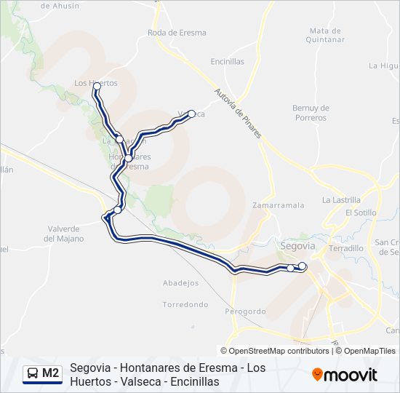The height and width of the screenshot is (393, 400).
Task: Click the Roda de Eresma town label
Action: pyautogui.click(x=177, y=33)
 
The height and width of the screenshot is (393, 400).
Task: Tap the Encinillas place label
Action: pyautogui.click(x=228, y=62)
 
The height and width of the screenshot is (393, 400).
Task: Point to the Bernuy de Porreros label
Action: pyautogui.click(x=311, y=113)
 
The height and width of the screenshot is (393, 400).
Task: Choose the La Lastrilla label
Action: pyautogui.click(x=341, y=199)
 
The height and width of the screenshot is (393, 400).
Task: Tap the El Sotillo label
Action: pyautogui.click(x=361, y=213)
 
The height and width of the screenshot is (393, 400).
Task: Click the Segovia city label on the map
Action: pyautogui.click(x=297, y=246)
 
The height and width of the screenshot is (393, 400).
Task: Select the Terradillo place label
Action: pyautogui.click(x=346, y=248)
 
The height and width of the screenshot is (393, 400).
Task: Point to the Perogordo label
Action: pyautogui.click(x=245, y=311)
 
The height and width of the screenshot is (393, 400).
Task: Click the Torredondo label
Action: pyautogui.click(x=185, y=304)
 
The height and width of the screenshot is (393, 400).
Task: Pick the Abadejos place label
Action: pyautogui.click(x=181, y=283)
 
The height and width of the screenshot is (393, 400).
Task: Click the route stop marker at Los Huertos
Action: pyautogui.click(x=97, y=86)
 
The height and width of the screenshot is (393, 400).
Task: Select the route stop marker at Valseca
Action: pyautogui.click(x=192, y=113)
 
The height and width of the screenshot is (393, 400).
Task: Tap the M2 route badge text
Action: pyautogui.click(x=51, y=373)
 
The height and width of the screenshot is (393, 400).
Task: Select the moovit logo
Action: pyautogui.click(x=345, y=375)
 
